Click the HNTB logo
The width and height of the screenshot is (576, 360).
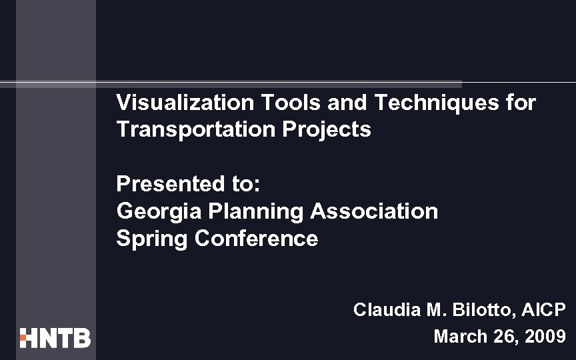(55, 338)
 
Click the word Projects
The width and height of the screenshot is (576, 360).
(326, 129)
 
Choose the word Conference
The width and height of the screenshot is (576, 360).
(257, 239)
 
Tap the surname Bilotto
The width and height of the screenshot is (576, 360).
(475, 309)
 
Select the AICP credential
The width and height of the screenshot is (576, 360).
(543, 309)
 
